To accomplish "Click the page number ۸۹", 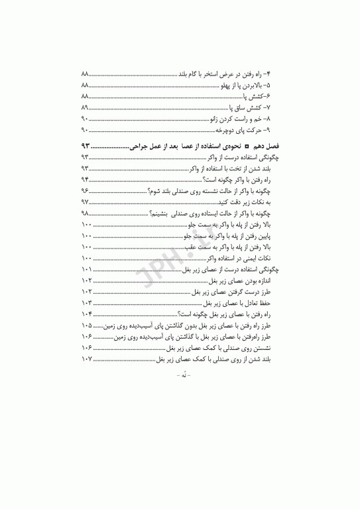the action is click(x=84, y=107).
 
